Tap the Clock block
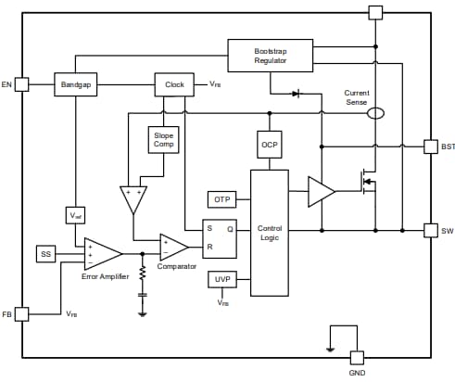coord(174,84)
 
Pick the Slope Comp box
coord(163,140)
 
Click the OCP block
coord(270,144)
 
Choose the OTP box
coord(221,199)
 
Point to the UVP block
coord(221,278)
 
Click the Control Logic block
coord(270,233)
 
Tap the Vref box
coord(76,215)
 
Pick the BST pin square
coord(430,146)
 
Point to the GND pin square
coord(357,357)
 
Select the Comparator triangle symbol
coord(172,247)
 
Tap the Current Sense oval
coord(375,113)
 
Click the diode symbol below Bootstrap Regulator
coord(296,94)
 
